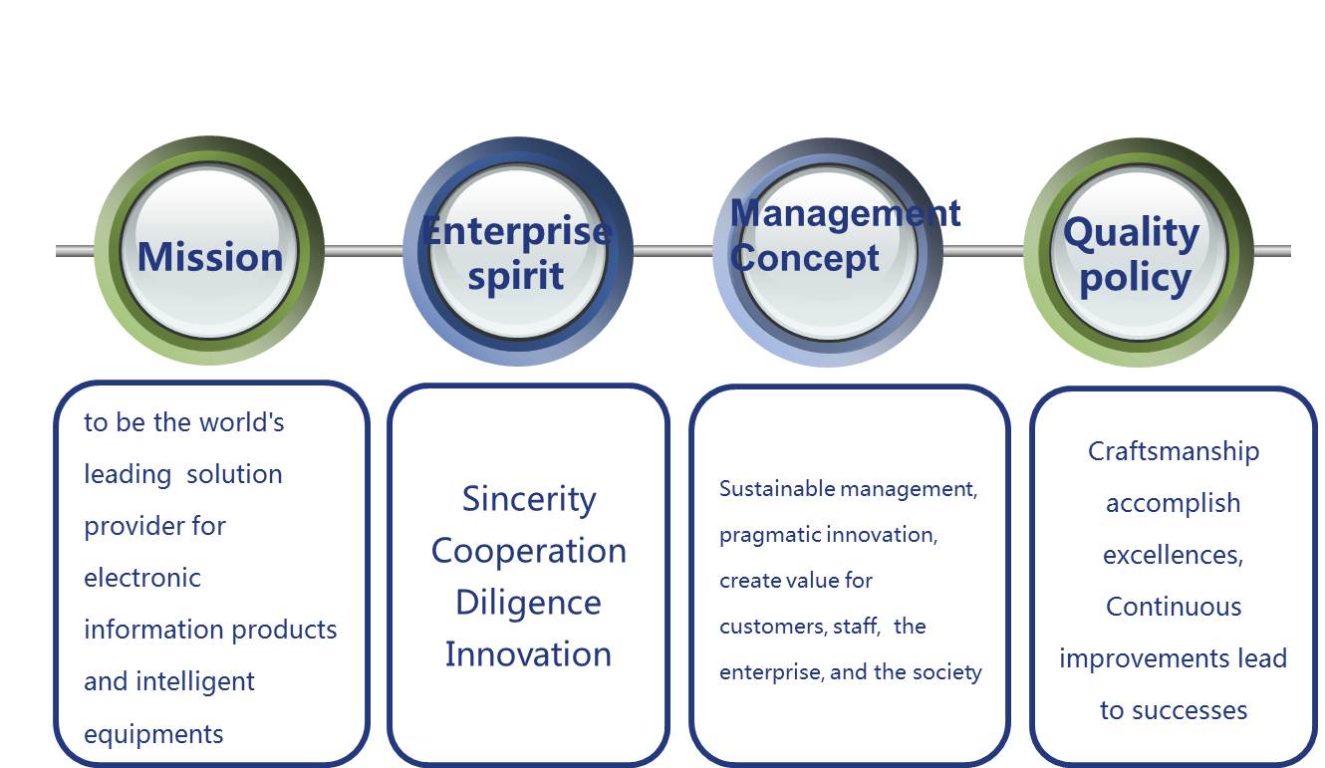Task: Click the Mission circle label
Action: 210,257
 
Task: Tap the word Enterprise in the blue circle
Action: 516,230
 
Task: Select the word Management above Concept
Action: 845,213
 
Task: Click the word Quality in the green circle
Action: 1131,233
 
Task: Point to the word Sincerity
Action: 529,500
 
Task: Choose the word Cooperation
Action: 529,552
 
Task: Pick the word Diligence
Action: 528,604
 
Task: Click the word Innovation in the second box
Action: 528,654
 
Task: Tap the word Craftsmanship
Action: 1174,452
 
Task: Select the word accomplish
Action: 1173,504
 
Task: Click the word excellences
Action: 1173,555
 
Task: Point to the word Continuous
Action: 1174,607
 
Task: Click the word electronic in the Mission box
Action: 142,578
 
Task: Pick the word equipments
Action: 153,735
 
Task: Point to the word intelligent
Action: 195,682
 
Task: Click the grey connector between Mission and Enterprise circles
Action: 364,251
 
